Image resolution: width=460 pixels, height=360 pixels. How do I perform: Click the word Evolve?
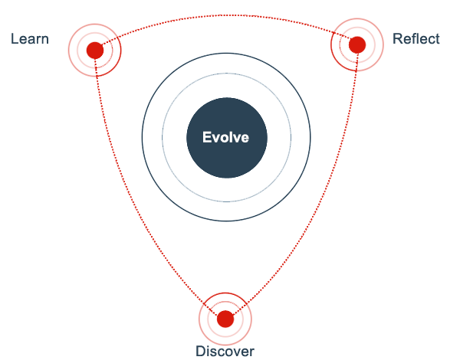coord(225,138)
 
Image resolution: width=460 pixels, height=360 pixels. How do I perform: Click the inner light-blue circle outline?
coord(163,138)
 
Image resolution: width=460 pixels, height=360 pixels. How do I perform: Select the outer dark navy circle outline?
coord(143,138)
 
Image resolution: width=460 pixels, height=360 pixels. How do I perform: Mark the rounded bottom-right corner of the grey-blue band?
coord(308,219)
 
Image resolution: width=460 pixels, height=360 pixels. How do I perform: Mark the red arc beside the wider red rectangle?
coord(70,50)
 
